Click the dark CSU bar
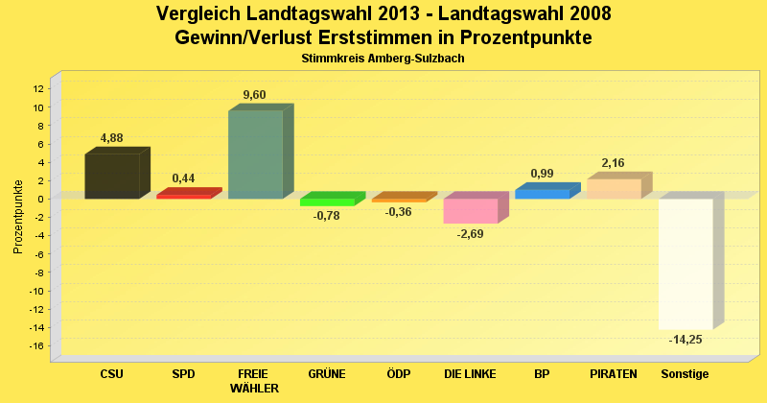112,176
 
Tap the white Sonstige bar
686,263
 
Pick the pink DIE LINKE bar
470,210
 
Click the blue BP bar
542,193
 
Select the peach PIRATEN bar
614,188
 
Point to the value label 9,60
254,94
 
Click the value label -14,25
685,340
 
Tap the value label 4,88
111,138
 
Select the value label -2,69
470,234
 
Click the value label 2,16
613,163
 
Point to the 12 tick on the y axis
38,88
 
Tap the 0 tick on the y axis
41,199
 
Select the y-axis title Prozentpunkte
17,217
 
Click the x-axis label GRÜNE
327,373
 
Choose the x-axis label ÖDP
398,373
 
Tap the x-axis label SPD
183,373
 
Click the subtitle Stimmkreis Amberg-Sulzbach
383,59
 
